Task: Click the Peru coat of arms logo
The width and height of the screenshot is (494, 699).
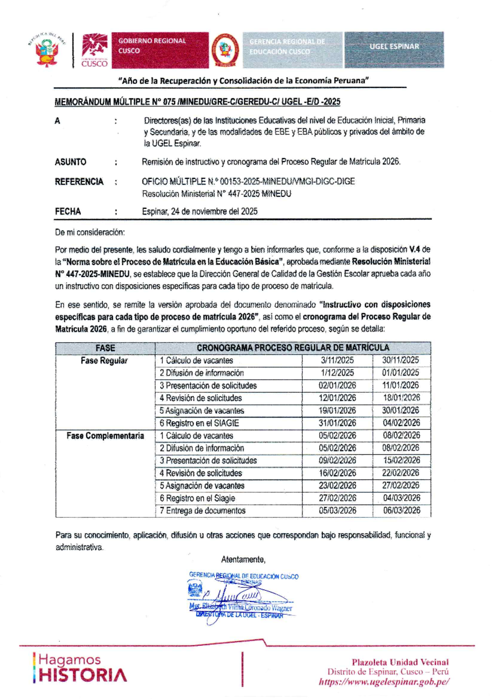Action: (47, 50)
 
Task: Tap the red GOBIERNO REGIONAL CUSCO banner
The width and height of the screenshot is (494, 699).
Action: (160, 50)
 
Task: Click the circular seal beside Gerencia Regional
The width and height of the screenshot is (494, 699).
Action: (225, 50)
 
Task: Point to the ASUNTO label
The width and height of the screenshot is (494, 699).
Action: (70, 162)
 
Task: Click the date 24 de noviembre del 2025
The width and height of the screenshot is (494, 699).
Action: (200, 212)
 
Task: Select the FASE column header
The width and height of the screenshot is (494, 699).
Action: (105, 348)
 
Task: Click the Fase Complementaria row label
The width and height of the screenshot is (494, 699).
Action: (105, 436)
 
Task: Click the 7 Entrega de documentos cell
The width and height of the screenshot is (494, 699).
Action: (203, 511)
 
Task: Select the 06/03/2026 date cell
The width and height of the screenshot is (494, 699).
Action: (401, 511)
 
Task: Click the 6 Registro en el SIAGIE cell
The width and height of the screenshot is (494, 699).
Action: (199, 423)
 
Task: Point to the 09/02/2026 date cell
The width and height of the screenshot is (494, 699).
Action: (337, 461)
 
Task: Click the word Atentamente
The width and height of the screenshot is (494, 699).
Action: (243, 560)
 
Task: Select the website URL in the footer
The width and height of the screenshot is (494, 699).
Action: (384, 682)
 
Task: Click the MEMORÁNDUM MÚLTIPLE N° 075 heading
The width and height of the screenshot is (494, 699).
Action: (197, 102)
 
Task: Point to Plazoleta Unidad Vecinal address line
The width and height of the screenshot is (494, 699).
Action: (400, 662)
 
